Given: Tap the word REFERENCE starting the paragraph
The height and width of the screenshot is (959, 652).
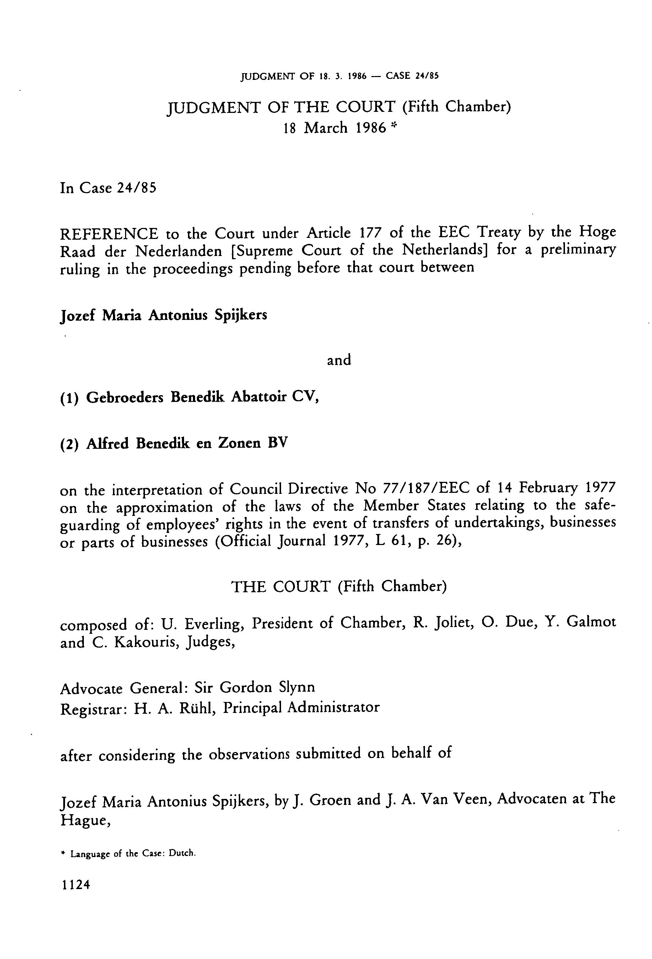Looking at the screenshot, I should click(x=109, y=234).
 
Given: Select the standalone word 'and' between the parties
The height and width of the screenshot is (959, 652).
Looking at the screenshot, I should click(x=339, y=360).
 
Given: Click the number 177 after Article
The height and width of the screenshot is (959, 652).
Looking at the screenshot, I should click(x=370, y=233).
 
